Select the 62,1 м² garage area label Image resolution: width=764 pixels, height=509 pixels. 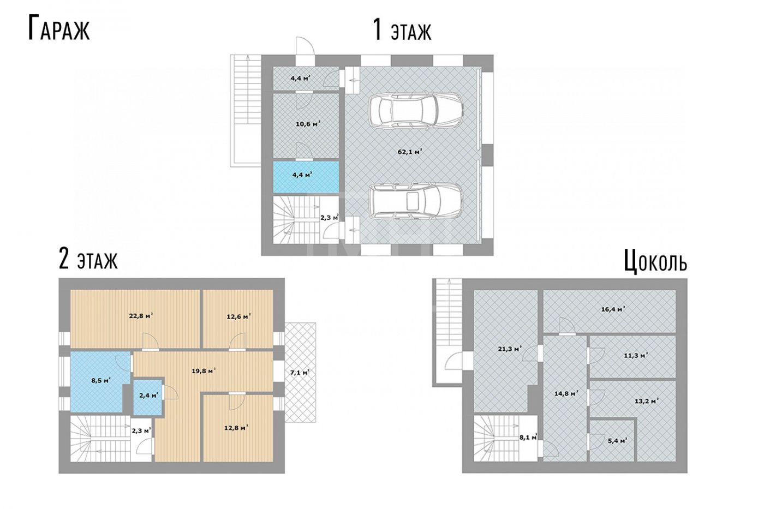[x=410, y=152]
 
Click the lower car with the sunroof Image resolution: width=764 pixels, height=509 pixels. [x=416, y=202]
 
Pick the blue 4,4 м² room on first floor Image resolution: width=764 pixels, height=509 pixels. [x=306, y=177]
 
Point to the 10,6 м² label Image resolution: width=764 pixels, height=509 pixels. [x=308, y=124]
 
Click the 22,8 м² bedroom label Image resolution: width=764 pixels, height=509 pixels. [x=141, y=316]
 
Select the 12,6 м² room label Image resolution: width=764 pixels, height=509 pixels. [x=239, y=316]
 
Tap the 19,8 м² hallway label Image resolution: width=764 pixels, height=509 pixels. [x=204, y=371]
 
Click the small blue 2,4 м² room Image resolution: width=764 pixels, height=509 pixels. [x=147, y=397]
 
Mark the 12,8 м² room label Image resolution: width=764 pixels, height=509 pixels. [x=236, y=428]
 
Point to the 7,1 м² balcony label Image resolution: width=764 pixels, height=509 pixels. [x=300, y=372]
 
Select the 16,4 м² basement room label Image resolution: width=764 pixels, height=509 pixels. [x=612, y=310]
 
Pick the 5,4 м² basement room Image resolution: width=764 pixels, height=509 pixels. [x=612, y=440]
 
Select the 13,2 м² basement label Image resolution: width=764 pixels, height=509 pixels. [x=646, y=402]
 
